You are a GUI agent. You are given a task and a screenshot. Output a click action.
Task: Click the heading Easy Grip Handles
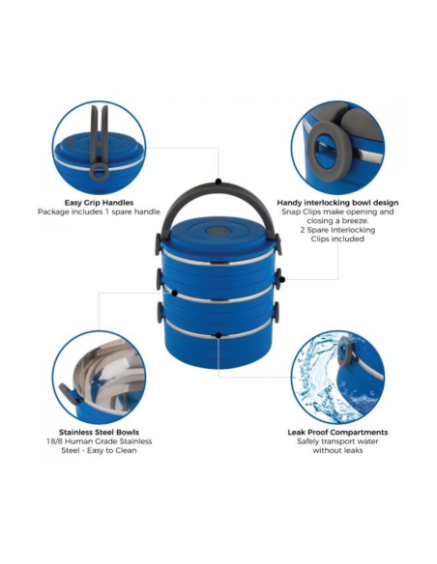(99, 203)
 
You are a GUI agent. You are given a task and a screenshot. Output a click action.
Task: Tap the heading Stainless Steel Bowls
(99, 432)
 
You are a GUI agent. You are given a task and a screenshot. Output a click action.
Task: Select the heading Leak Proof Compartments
(337, 432)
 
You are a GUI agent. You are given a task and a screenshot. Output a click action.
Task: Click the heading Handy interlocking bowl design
(337, 203)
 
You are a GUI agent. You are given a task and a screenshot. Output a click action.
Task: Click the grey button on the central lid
(218, 231)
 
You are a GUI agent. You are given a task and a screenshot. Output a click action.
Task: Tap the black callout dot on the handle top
(218, 182)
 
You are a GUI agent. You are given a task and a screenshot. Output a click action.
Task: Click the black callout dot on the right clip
(282, 279)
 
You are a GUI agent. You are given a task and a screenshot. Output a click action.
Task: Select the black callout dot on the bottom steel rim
(218, 335)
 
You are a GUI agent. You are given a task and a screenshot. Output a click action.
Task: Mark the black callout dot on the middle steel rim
(175, 294)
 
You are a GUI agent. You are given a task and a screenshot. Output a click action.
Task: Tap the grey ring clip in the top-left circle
(99, 173)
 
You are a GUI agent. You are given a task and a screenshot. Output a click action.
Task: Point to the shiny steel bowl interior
(108, 378)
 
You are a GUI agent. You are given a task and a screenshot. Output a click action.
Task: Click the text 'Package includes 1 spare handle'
(99, 211)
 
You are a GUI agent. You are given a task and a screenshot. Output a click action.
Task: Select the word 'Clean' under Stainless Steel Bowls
(126, 450)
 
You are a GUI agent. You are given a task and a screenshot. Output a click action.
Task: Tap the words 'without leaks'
(337, 450)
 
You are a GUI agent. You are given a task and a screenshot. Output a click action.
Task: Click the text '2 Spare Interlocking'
(337, 230)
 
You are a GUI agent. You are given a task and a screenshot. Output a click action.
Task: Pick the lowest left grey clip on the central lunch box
(160, 312)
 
